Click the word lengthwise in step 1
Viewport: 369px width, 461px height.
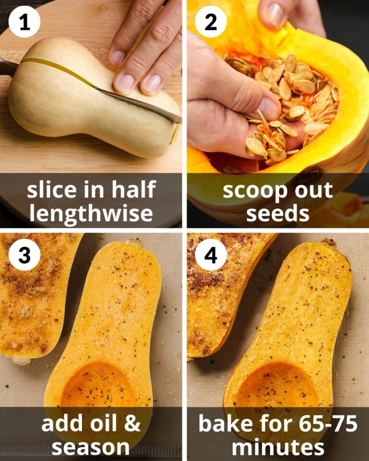pos(91,212)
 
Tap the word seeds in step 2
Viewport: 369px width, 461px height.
pos(277,212)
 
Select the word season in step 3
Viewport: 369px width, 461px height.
pos(91,446)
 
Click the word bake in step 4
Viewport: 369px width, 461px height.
pos(223,424)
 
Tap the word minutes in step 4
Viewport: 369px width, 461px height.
pos(277,446)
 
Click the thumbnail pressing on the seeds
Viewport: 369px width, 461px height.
pos(268,109)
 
